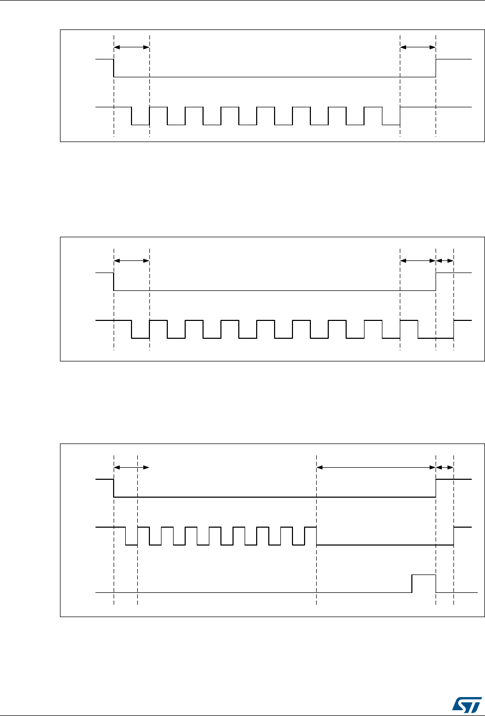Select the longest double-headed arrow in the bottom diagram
pos(376,467)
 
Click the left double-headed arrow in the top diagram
pos(132,47)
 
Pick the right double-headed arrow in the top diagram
pos(418,47)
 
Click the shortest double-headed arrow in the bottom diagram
pos(445,467)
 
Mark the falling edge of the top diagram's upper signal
pos(114,68)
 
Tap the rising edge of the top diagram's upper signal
pos(436,68)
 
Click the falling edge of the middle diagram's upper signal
pos(114,281)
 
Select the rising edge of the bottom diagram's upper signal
pos(436,488)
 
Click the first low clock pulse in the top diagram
pos(140,125)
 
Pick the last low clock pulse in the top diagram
pos(391,125)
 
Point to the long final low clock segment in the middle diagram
pos(436,338)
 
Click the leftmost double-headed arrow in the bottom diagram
pos(132,467)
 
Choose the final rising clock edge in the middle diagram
pos(454,329)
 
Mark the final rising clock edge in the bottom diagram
pos(454,536)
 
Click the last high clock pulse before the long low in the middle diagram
pos(409,320)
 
